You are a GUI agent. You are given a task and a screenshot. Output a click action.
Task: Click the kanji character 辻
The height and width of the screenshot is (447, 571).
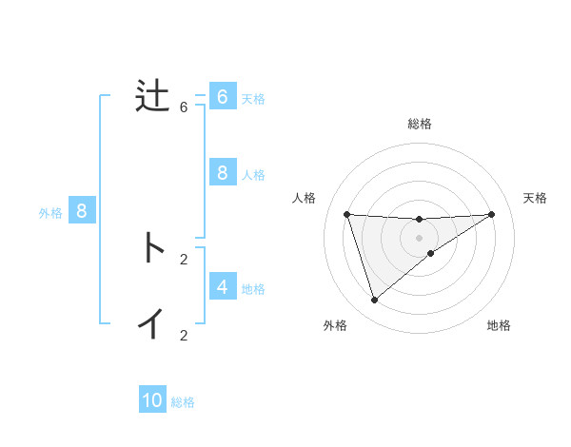[152, 97]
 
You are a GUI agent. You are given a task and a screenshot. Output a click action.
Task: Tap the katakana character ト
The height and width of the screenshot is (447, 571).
[152, 248]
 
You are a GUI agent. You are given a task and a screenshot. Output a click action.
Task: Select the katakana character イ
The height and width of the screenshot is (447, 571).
[152, 324]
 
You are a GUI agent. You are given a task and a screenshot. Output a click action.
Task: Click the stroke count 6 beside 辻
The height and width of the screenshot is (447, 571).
[184, 107]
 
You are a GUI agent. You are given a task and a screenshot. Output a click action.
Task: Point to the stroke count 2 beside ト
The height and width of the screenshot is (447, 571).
[184, 259]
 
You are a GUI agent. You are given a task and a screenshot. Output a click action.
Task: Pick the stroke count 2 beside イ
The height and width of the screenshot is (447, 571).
[184, 335]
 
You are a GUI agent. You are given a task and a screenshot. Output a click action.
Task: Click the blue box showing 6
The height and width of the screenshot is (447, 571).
[222, 97]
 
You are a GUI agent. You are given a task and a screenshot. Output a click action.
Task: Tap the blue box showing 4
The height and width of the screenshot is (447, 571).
[222, 286]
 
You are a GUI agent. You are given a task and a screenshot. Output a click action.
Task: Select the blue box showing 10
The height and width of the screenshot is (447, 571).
[152, 400]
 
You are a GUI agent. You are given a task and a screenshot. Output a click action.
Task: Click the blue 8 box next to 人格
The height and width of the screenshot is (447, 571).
[222, 173]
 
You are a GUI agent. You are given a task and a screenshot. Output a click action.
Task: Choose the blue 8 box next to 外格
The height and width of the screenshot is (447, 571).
[82, 211]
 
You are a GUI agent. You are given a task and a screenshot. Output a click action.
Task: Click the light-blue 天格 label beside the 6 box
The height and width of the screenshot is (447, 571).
[253, 98]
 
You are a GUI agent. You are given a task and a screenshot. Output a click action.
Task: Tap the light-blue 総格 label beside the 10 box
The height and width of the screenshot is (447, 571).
[183, 402]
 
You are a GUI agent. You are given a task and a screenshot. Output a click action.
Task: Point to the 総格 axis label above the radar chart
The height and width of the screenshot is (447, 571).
[420, 124]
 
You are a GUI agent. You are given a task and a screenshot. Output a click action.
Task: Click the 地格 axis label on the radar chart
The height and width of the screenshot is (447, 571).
[499, 326]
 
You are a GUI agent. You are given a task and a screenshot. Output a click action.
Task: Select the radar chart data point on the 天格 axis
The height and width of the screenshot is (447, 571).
[491, 214]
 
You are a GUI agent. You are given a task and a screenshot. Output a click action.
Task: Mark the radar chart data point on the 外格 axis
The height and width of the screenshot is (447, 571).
[375, 300]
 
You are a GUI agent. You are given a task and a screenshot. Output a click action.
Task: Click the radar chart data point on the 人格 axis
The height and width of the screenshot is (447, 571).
[347, 214]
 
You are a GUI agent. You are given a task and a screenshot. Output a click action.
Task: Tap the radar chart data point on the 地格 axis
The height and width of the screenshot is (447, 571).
[431, 253]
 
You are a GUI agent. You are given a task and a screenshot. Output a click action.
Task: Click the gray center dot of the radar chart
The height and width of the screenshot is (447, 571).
[420, 237]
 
